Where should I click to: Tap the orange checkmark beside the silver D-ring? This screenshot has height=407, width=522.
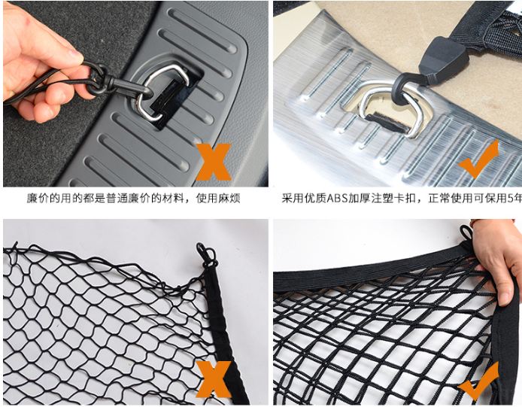tap(479, 158)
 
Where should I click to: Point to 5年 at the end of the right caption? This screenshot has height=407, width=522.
tap(514, 199)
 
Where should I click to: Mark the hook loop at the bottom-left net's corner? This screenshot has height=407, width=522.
tap(205, 255)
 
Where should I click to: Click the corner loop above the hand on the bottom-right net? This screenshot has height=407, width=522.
tap(464, 233)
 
